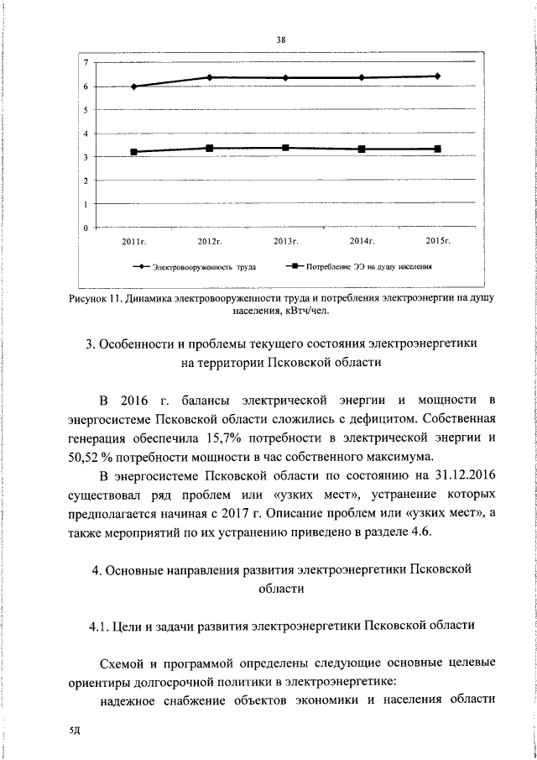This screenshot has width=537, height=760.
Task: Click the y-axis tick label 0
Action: click(85, 228)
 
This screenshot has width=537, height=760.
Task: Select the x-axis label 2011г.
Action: click(134, 242)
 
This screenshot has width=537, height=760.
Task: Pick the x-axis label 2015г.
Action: click(438, 242)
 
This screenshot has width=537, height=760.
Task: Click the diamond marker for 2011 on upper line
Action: click(134, 86)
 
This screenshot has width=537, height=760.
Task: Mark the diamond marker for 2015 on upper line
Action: click(437, 76)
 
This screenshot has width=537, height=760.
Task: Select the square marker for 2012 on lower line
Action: click(210, 149)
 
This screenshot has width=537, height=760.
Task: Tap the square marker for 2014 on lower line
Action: click(362, 149)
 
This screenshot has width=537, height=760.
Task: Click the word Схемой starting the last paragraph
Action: click(123, 665)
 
